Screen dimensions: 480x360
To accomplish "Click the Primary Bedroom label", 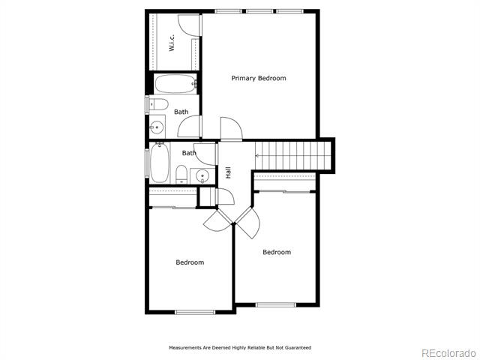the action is tap(259, 78).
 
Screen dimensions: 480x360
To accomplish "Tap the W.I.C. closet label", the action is tap(172, 43).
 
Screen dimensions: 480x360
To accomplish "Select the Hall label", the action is tap(228, 172).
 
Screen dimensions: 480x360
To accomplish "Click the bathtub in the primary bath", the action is tap(175, 83).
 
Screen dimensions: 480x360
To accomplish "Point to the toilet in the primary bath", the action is tap(158, 104).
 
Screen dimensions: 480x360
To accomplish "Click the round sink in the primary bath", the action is tap(157, 127).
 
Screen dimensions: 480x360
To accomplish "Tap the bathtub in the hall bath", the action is tap(160, 163).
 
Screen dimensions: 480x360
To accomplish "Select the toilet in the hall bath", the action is tap(181, 175).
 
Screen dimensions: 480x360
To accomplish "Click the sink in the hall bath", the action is tap(202, 176).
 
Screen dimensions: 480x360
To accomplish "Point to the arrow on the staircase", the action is tap(258, 156).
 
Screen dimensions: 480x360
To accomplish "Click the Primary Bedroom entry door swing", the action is tap(232, 128).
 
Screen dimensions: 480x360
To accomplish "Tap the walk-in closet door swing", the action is tap(189, 25).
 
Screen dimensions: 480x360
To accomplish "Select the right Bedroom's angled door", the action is tap(248, 223).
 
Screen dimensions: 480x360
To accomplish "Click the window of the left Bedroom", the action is tap(195, 312).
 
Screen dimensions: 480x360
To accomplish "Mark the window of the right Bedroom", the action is tap(276, 305).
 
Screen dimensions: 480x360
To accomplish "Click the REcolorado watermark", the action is tap(448, 353).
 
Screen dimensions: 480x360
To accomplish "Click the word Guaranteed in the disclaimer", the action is tap(298, 348).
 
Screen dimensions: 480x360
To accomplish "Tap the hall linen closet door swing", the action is tap(225, 196).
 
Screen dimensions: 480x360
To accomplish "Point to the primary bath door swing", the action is tap(189, 126).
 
